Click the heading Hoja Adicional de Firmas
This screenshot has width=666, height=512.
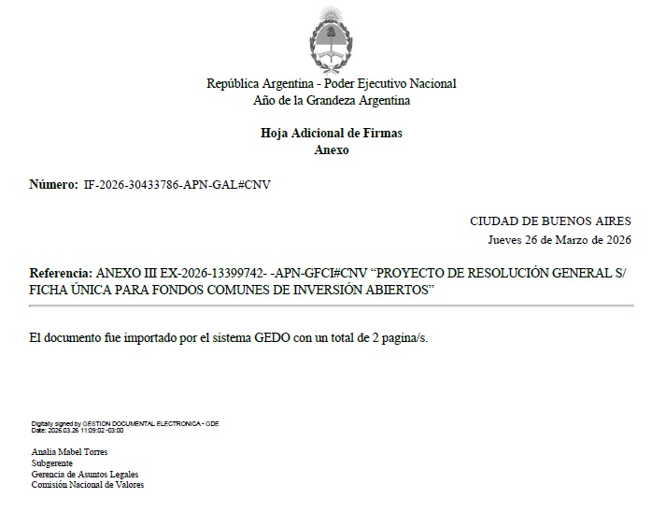[332, 133]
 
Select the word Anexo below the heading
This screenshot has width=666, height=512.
[332, 149]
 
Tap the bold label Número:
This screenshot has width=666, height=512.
[54, 185]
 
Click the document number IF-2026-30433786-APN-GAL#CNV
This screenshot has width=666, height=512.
[177, 185]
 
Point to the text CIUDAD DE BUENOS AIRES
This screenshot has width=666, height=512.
[550, 221]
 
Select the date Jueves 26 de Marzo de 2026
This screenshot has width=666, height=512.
[560, 239]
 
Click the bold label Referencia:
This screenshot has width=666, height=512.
[62, 273]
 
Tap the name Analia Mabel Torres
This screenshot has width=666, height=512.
[69, 451]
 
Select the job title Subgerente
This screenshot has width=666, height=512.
[52, 462]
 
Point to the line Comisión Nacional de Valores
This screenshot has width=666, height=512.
[88, 485]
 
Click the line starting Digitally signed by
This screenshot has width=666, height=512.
[124, 423]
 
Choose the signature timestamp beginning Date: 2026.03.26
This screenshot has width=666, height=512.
[78, 430]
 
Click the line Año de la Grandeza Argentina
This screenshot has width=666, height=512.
[332, 100]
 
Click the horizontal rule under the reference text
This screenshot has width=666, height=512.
[332, 306]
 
